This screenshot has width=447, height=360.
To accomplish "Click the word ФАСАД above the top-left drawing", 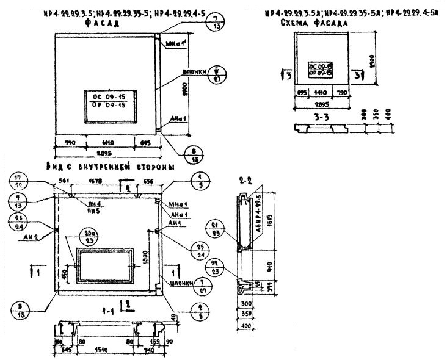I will click(x=101, y=23).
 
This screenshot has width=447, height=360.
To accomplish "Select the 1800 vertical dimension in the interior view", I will click(x=145, y=257).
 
